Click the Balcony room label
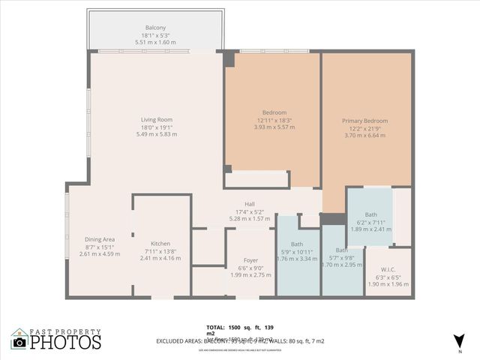(x=156, y=28)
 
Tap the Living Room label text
(x=157, y=119)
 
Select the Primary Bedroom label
(x=364, y=121)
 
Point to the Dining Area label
(x=100, y=239)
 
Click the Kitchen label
(x=160, y=244)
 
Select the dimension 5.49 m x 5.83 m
(x=157, y=134)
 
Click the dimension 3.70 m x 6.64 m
(x=364, y=136)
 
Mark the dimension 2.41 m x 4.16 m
(x=160, y=258)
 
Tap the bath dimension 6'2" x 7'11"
(x=371, y=223)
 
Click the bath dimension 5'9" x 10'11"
(x=296, y=251)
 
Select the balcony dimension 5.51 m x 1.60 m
(x=156, y=42)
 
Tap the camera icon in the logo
(x=20, y=343)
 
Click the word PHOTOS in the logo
(x=66, y=343)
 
